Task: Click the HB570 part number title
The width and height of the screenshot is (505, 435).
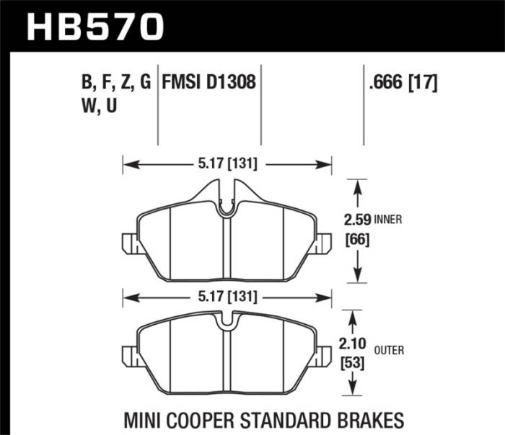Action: (95, 27)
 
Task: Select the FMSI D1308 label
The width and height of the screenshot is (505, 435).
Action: (210, 82)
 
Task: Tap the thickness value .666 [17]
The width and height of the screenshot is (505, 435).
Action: (403, 82)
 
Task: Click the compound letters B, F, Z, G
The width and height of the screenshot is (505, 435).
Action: (116, 82)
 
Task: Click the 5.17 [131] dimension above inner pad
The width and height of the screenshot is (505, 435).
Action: (227, 164)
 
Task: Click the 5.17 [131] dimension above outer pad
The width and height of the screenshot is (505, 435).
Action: (227, 295)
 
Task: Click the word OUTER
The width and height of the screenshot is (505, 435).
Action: (390, 351)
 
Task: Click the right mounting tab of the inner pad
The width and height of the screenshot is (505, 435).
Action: (324, 243)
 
